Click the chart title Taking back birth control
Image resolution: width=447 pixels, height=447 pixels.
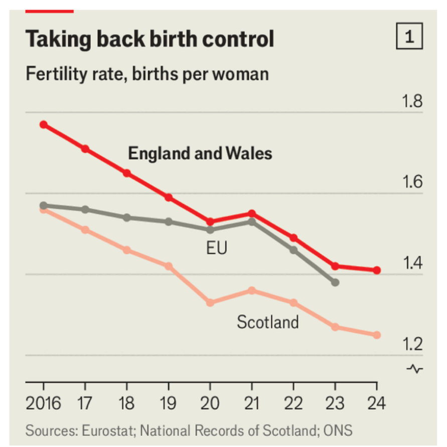(x=150, y=39)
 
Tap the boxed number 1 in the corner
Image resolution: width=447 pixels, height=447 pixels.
(x=409, y=37)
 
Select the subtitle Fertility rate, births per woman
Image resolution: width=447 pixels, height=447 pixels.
(x=147, y=74)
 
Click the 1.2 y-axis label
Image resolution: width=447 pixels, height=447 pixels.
(x=412, y=345)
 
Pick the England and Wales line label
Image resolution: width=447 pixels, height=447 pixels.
(x=200, y=153)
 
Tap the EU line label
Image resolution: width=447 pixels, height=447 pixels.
(x=217, y=248)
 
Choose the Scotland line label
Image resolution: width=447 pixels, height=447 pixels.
(x=267, y=322)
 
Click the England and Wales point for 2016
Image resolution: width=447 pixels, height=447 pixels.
(x=44, y=124)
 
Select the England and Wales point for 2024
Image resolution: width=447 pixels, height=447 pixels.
(x=377, y=270)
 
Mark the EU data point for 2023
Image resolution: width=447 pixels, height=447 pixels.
(x=335, y=282)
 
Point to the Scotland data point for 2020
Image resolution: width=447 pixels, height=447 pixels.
(x=210, y=303)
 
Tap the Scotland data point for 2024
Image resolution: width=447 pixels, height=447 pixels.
(x=377, y=335)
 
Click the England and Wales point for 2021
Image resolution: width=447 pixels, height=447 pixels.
(x=252, y=214)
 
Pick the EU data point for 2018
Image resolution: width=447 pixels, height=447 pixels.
(x=127, y=218)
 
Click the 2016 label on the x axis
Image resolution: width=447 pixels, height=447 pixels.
(x=44, y=402)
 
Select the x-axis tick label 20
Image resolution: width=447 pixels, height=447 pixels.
(x=210, y=402)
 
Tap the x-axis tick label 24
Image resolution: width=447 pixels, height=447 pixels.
(x=377, y=402)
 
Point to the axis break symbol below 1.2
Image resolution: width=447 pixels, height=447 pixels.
(x=415, y=369)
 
